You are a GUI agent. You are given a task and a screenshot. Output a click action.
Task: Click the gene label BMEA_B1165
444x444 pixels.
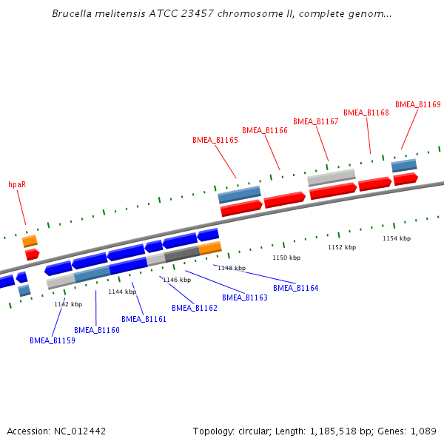[x=215, y=140]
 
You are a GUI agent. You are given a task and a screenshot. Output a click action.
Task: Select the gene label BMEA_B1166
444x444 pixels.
[x=264, y=130]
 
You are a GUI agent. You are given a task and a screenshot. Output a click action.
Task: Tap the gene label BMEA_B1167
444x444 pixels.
[x=315, y=121]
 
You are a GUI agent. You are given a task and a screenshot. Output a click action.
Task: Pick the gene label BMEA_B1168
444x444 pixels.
[x=366, y=112]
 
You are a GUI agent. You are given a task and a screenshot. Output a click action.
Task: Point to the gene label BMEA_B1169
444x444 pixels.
[x=417, y=105]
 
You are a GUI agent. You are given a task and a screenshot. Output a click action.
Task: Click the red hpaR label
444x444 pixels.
[x=17, y=184]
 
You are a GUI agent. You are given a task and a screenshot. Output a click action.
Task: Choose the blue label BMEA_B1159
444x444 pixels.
[x=52, y=340]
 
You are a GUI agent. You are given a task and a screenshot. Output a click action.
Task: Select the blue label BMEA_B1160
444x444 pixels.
[x=96, y=330]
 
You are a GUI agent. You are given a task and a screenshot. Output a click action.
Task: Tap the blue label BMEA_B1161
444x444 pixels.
[x=144, y=319]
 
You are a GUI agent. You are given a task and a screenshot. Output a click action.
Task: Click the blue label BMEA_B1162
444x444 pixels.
[x=194, y=308]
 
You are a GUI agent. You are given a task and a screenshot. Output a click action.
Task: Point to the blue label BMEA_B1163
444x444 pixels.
[x=244, y=297]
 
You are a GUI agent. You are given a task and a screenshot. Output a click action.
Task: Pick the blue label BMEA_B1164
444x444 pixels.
[x=295, y=288]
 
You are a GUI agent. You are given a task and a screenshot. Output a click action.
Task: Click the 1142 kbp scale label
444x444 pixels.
[x=67, y=304]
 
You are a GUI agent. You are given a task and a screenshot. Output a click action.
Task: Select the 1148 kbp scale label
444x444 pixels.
[x=231, y=268]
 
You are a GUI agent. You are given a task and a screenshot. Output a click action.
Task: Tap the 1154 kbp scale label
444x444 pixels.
[x=396, y=238]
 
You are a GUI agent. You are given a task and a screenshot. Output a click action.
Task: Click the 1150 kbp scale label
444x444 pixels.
[x=286, y=258]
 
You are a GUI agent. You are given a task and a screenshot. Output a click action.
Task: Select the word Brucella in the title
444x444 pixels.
[x=73, y=14]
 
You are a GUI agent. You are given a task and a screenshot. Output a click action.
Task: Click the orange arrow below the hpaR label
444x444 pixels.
[x=30, y=240]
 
